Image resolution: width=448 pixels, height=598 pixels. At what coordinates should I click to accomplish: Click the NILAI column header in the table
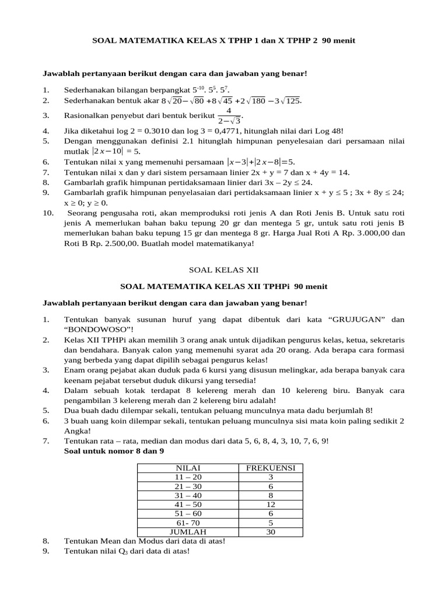coord(188,468)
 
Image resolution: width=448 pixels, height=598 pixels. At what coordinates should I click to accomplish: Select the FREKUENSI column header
coord(270,468)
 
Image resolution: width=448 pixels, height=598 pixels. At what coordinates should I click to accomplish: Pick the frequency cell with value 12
coord(270,504)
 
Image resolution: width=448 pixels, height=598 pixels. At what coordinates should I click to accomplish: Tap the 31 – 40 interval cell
coord(188,495)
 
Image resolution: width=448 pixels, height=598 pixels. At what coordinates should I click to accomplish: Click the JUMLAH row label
coord(188,531)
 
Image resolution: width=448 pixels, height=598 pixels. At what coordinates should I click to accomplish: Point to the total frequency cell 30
coord(270,531)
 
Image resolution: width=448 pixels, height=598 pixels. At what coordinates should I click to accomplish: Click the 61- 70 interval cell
coord(188,522)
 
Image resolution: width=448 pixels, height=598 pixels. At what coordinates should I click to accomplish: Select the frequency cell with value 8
coord(270,495)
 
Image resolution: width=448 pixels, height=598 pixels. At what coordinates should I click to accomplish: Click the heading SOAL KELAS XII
coord(224,270)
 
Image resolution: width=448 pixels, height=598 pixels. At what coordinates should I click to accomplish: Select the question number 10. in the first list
coord(48,213)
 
